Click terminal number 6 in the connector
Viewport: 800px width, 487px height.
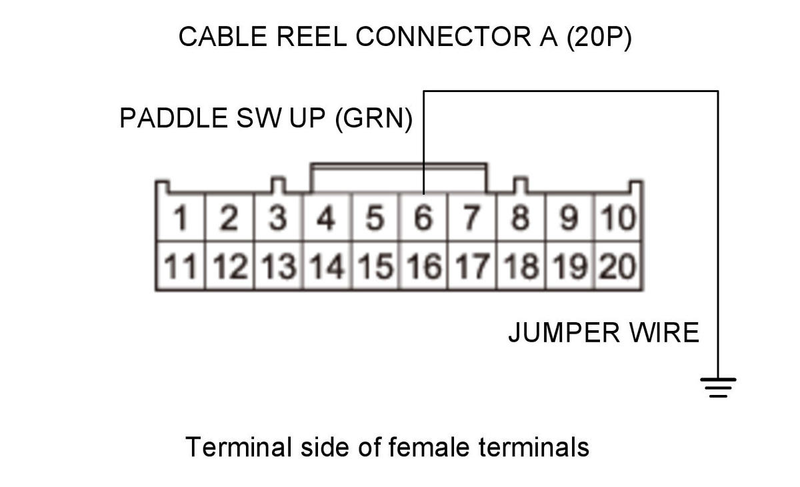[423, 217]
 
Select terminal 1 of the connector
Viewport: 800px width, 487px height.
[181, 217]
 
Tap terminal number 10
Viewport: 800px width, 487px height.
[618, 217]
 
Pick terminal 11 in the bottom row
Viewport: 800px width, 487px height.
[181, 266]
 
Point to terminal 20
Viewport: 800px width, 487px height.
[618, 266]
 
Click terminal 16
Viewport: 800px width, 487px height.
[423, 266]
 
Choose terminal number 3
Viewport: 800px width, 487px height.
[278, 217]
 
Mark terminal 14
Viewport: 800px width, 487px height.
[327, 266]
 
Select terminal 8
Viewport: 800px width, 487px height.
[521, 217]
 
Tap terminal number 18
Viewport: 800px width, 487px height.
[521, 266]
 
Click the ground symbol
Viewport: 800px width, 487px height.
[718, 388]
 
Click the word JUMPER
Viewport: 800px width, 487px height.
[564, 333]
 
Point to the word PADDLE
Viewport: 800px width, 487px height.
[173, 118]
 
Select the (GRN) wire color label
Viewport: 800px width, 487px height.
[374, 119]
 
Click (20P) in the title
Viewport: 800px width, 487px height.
[599, 37]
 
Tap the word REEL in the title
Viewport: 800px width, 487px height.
[311, 37]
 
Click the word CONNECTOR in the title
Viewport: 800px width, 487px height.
[443, 37]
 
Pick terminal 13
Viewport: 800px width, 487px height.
[278, 266]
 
